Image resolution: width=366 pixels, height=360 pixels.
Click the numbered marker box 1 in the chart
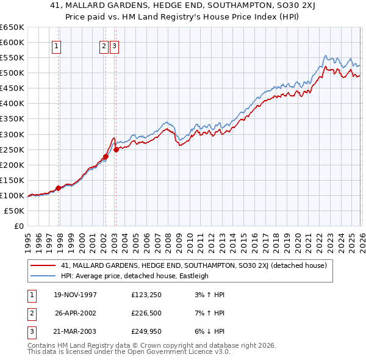point(57,45)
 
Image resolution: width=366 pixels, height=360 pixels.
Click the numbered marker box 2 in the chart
point(104,45)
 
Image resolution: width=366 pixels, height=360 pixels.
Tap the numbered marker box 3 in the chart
point(115,45)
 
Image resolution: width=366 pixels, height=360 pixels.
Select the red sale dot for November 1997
point(59,188)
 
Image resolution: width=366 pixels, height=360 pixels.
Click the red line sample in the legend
point(43,266)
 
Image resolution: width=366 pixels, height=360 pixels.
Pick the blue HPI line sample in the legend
point(43,276)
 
